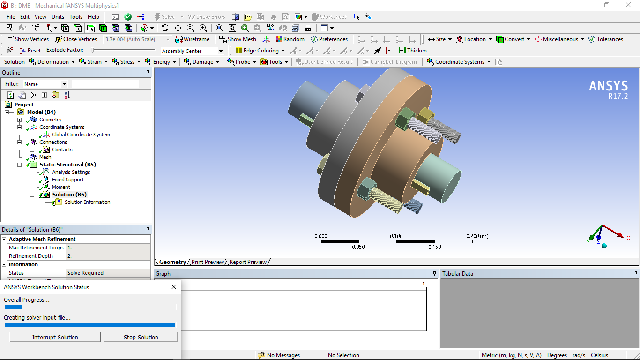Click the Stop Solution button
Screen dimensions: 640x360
tap(141, 337)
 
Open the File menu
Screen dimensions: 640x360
tap(11, 17)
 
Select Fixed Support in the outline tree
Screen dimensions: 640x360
tap(68, 180)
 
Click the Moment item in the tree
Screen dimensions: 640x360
tap(61, 187)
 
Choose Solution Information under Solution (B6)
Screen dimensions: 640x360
tap(87, 202)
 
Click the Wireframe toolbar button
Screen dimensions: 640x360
tap(192, 39)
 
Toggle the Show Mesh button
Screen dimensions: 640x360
tap(238, 39)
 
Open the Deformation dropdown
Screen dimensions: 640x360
tap(52, 62)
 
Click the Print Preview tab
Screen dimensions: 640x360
tap(208, 262)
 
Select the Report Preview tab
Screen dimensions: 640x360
tap(248, 262)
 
